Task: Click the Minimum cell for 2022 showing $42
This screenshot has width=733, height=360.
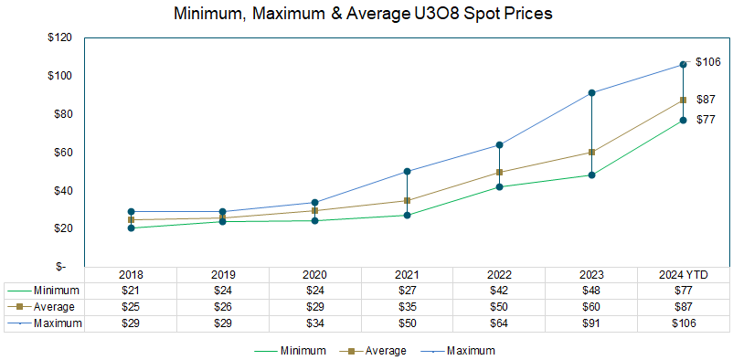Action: pyautogui.click(x=499, y=291)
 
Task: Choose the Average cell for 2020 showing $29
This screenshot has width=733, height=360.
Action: pyautogui.click(x=314, y=307)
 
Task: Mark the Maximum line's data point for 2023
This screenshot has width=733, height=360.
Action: pyautogui.click(x=591, y=92)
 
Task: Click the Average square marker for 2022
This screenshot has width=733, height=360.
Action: pyautogui.click(x=499, y=172)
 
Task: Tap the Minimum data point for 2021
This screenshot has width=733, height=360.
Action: pyautogui.click(x=407, y=216)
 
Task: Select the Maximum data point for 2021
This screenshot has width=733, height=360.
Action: pyautogui.click(x=407, y=171)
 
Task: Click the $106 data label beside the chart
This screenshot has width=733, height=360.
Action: pyautogui.click(x=709, y=62)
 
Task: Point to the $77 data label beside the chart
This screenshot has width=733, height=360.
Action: pyautogui.click(x=706, y=120)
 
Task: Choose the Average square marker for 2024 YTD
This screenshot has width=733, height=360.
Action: pyautogui.click(x=683, y=100)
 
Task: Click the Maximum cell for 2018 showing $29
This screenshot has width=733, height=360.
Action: pyautogui.click(x=131, y=323)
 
